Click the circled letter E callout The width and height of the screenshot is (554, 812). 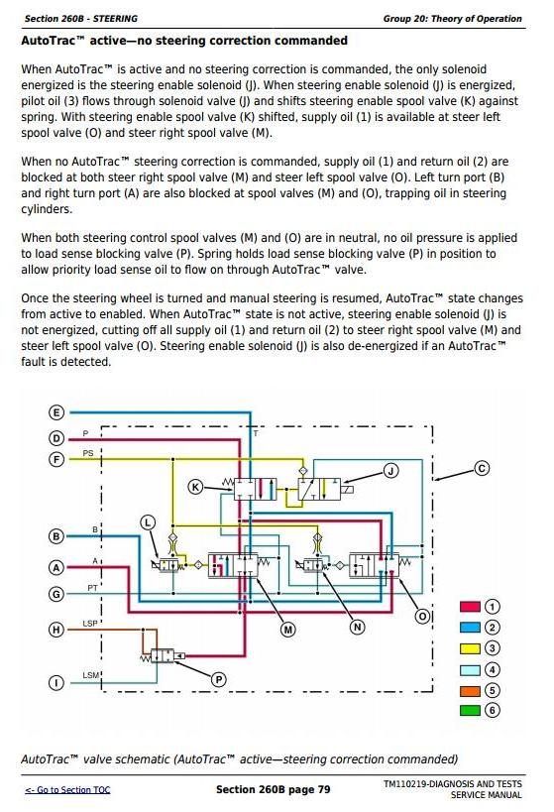pos(55,412)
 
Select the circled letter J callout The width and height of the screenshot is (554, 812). pos(390,471)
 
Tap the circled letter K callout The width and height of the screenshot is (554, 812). pos(195,487)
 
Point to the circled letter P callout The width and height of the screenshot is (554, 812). pos(218,679)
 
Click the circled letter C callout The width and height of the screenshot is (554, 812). pos(482,469)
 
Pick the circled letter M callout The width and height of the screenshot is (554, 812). pos(287,630)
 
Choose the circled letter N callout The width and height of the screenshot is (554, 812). pos(357,628)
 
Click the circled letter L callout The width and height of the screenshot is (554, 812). pos(148,522)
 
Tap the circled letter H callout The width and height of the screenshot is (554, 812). pos(55,630)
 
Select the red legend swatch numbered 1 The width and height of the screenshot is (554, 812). pos(470,607)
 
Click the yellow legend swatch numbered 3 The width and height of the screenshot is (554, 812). pos(470,648)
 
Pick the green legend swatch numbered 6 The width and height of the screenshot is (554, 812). pos(470,710)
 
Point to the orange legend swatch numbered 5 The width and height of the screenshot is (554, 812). pos(470,690)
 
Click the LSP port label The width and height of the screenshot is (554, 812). pos(90,624)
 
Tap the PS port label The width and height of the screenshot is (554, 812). pos(88,453)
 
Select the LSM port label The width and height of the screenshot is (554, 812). pos(90,675)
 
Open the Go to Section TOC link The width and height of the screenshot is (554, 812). pos(67,790)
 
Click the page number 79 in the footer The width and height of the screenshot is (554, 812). pos(324,789)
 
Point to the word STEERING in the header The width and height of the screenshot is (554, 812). pos(115,19)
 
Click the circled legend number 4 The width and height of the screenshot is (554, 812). pos(492,669)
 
